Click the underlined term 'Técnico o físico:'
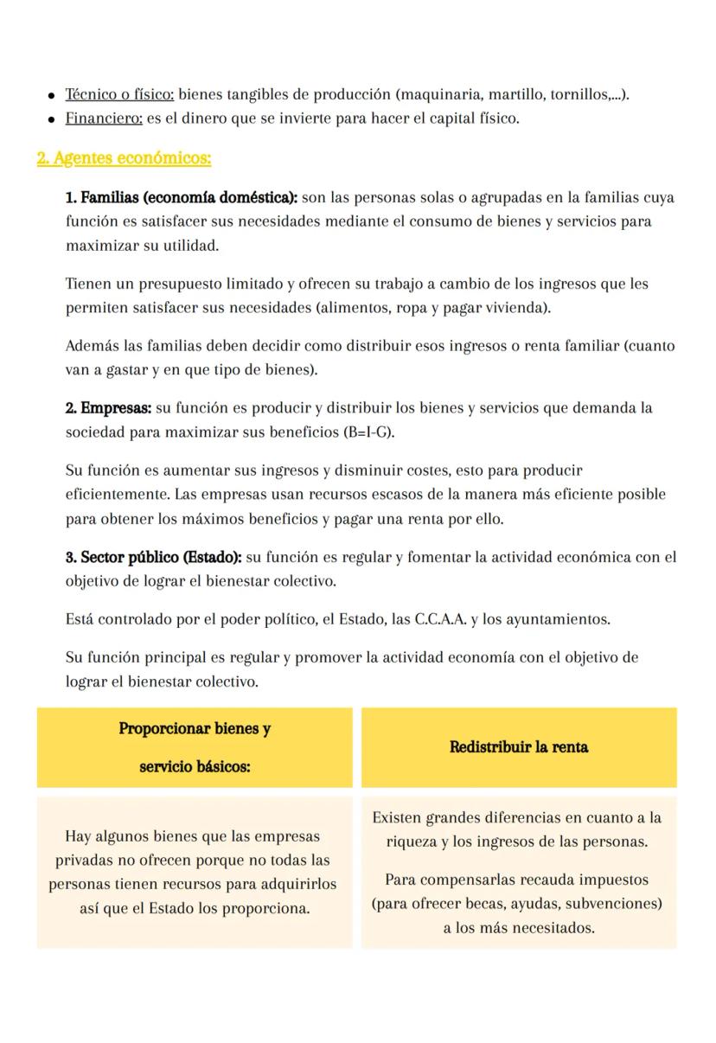click(x=120, y=94)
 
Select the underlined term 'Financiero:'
click(x=104, y=118)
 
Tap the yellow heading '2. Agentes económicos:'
click(x=124, y=158)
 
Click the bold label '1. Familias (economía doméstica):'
click(x=182, y=198)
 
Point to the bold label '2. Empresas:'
click(x=108, y=407)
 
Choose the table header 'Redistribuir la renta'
click(x=519, y=747)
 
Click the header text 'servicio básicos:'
click(x=195, y=767)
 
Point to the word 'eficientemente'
click(x=118, y=495)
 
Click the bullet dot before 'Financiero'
click(x=53, y=119)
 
